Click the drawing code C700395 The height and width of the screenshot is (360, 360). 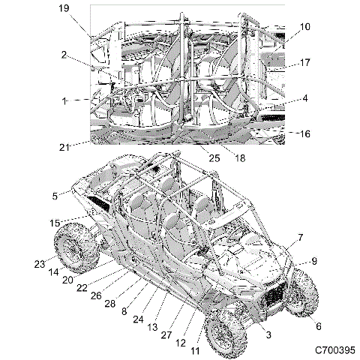(332, 350)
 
